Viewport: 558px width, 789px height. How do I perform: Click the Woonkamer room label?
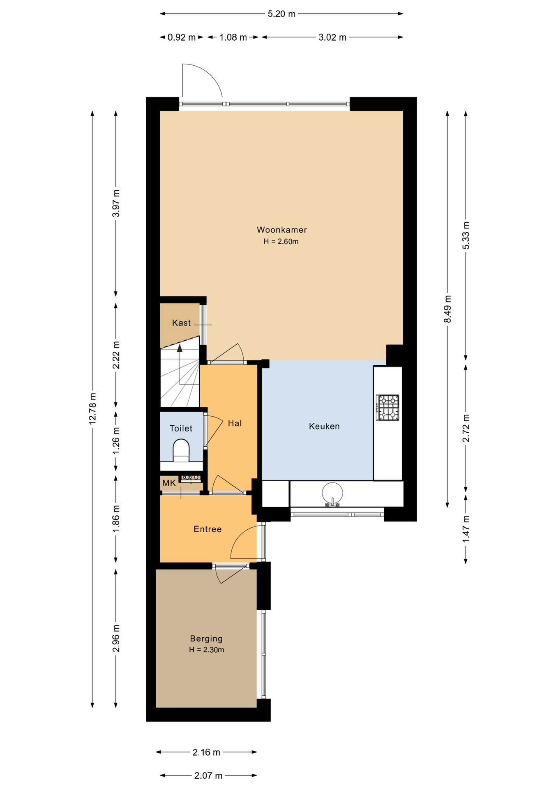click(282, 230)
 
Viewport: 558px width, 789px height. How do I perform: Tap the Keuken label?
click(324, 427)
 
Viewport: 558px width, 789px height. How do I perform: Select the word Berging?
click(206, 639)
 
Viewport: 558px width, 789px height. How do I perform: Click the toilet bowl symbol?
click(181, 450)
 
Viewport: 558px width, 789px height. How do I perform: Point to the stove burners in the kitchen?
click(388, 407)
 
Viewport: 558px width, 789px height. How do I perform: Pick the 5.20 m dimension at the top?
click(281, 14)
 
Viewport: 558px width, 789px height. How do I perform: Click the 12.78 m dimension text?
click(92, 408)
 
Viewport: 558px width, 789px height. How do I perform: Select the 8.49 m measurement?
click(447, 309)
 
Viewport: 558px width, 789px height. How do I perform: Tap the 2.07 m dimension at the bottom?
click(208, 775)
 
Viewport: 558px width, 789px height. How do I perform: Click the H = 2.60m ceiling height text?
click(281, 242)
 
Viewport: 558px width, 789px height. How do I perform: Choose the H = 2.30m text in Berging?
click(207, 650)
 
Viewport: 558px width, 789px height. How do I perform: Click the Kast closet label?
click(181, 323)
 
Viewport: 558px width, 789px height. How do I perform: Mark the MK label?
click(169, 483)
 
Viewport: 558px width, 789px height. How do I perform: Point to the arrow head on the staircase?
click(180, 348)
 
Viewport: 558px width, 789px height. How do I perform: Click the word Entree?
click(208, 529)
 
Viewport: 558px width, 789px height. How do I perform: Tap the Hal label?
click(235, 423)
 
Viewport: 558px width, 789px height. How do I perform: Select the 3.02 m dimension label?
click(332, 37)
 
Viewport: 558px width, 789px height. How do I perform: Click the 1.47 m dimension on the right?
click(466, 528)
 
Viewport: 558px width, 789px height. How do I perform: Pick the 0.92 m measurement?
click(182, 37)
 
